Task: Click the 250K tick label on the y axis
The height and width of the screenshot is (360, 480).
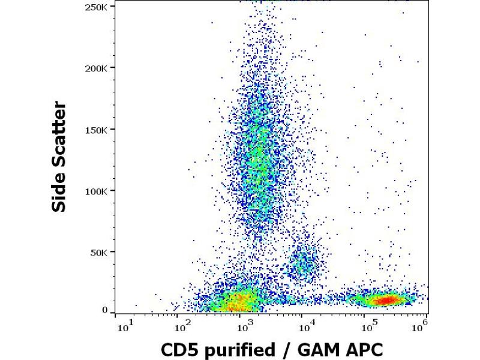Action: (x=97, y=6)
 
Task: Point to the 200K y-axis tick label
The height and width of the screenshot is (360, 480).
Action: (x=97, y=67)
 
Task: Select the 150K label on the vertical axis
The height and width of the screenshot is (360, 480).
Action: (x=97, y=129)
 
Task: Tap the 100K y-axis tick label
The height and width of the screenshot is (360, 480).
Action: (x=97, y=191)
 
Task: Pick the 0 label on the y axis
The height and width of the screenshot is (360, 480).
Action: (x=105, y=310)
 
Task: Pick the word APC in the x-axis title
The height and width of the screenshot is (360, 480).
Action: (x=363, y=350)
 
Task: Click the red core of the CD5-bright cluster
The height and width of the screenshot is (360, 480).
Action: (x=382, y=299)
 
